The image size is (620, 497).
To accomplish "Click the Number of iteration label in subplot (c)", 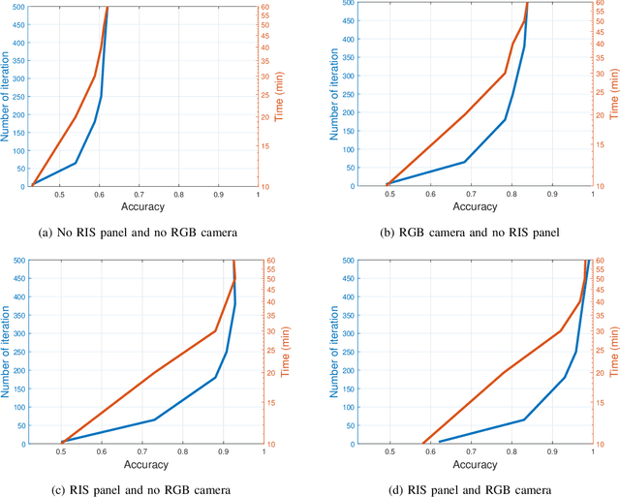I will coord(7,352).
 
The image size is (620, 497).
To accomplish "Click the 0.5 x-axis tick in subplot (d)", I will coord(389,452).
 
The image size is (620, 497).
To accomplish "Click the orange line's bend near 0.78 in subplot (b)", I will coord(505,74).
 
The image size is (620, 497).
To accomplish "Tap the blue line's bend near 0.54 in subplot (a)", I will coord(76,163).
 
